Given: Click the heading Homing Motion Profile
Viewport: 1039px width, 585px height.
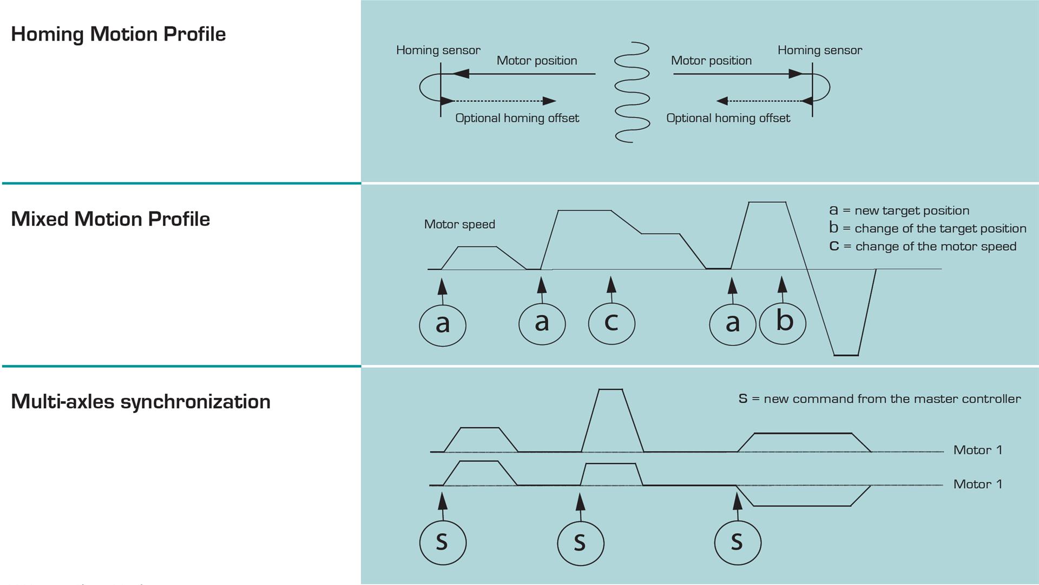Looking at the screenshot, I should (118, 34).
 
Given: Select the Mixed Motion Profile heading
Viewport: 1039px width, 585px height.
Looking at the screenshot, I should (110, 219).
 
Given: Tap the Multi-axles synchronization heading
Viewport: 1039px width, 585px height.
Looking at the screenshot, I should (141, 402).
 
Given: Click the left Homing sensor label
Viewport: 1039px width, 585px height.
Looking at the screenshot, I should (438, 50).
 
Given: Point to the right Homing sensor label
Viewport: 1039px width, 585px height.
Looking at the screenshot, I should (819, 50).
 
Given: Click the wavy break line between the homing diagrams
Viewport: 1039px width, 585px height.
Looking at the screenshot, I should (632, 92).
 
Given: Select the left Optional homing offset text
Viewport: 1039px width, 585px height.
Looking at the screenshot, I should (517, 118).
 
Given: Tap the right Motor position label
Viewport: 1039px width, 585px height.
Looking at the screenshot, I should (711, 61).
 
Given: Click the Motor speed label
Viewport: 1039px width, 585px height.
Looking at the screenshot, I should (459, 224).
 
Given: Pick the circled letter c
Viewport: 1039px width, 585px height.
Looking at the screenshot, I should (611, 323).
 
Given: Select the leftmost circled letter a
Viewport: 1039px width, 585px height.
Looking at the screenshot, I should (443, 325).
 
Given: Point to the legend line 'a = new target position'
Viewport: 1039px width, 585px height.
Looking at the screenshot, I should (899, 210).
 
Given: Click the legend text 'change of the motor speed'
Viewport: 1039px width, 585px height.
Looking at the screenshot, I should (936, 247).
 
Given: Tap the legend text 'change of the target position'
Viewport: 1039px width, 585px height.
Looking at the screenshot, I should (941, 228).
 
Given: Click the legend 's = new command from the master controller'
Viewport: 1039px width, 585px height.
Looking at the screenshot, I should (879, 399).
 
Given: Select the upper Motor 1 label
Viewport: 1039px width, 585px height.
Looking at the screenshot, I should (977, 450).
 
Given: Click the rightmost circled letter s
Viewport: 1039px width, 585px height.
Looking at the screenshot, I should (738, 542).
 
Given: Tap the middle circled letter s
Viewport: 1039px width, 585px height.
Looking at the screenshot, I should (581, 542).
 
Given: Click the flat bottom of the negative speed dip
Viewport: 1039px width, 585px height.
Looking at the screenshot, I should (846, 355).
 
